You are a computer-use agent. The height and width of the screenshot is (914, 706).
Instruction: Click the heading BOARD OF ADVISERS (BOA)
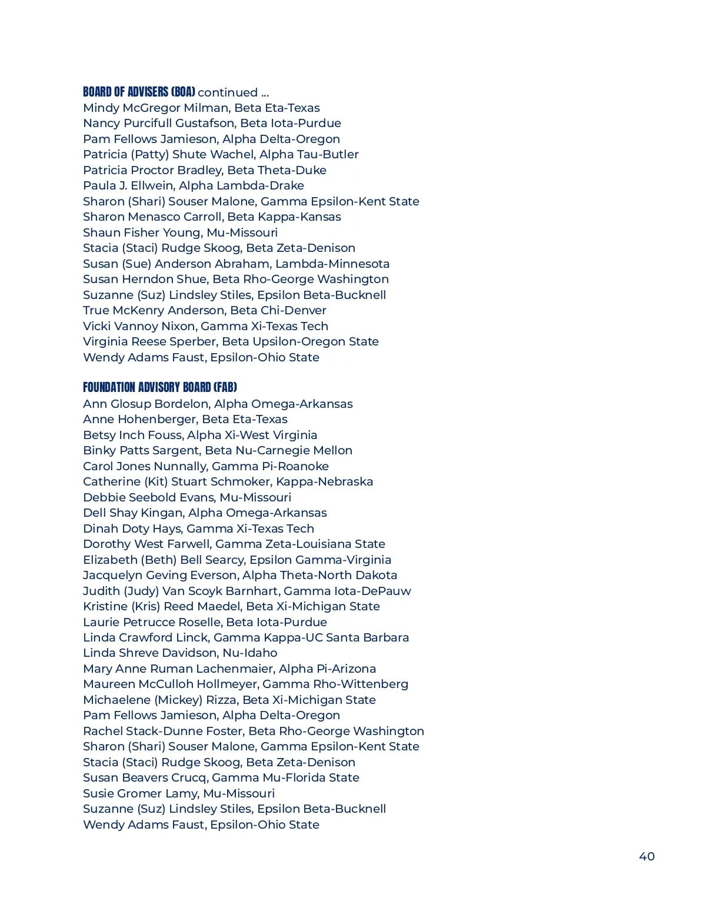coord(139,92)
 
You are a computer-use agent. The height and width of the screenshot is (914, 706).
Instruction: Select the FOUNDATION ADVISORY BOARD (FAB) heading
coord(160,387)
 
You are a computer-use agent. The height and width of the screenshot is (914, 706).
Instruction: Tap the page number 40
coord(647,856)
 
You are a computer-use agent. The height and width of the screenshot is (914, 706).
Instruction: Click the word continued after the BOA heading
coord(228,92)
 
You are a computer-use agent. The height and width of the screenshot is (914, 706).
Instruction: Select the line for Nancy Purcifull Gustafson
coord(212,123)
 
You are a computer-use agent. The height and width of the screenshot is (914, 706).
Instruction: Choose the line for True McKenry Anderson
coord(204,310)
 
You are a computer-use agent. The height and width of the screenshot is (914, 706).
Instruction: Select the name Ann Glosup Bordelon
coord(145,404)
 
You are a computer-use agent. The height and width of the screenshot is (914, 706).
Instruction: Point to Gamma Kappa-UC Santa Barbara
coord(311,637)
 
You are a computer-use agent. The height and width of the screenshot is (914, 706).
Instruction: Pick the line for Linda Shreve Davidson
coord(180,653)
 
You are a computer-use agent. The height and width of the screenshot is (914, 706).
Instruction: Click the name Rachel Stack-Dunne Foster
coord(162,731)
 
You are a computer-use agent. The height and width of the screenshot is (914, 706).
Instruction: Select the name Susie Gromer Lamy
coord(139,793)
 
